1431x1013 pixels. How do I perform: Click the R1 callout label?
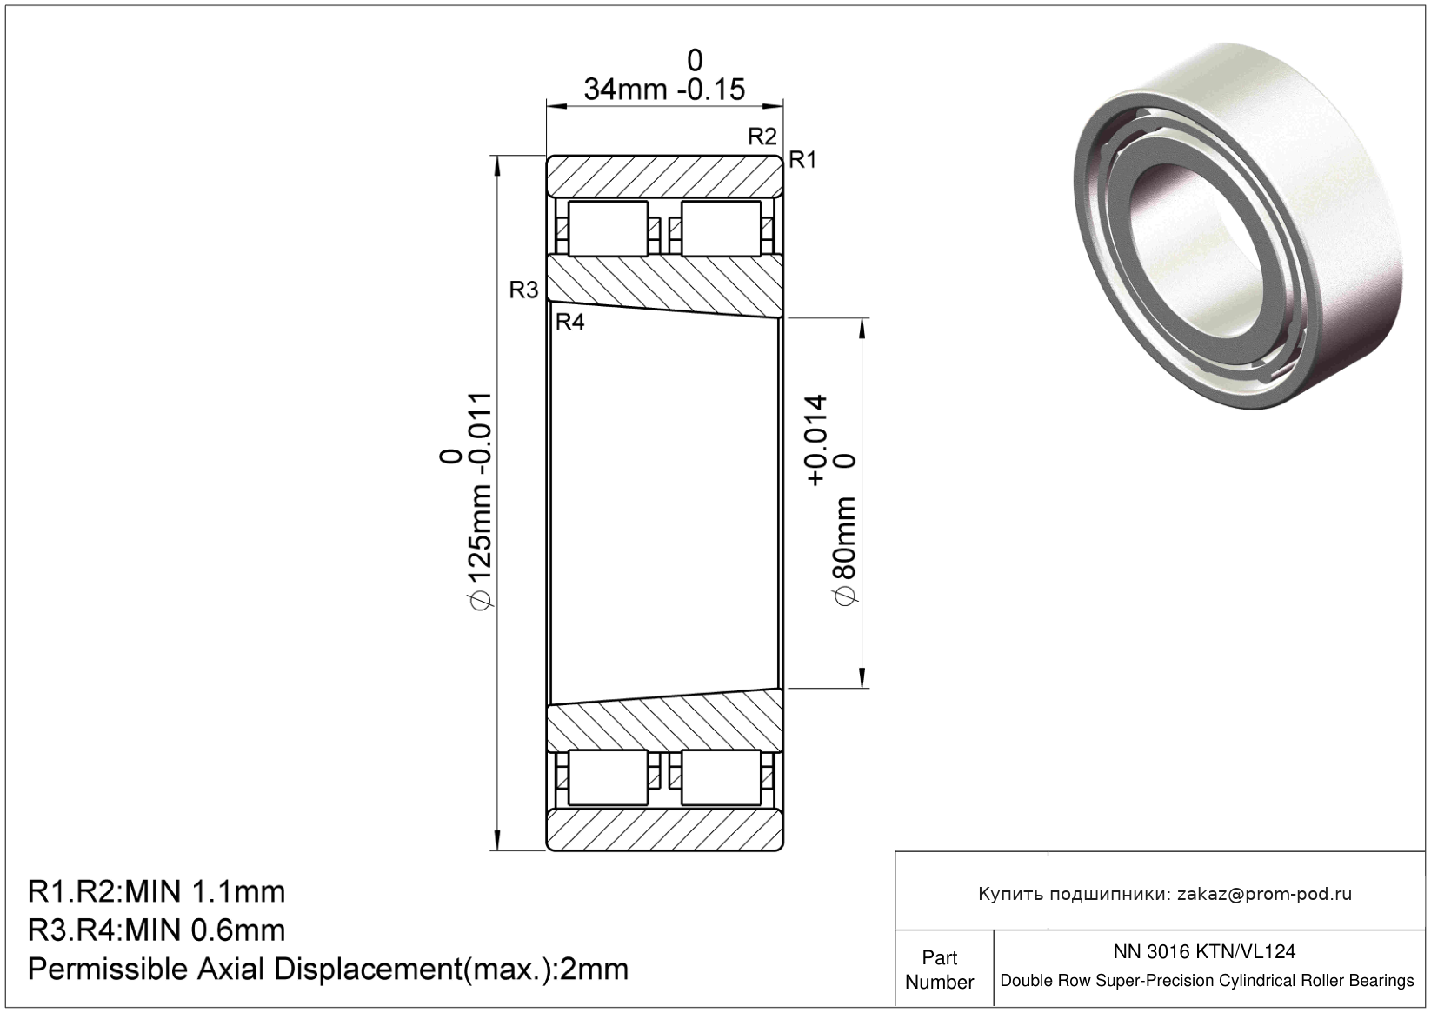click(802, 160)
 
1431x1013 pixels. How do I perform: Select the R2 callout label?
click(762, 137)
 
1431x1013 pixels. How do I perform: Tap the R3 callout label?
click(524, 290)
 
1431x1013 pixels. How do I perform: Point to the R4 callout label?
click(569, 322)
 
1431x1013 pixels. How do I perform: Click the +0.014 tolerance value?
click(816, 441)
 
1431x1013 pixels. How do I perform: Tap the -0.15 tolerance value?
click(711, 90)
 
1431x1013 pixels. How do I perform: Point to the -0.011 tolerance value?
click(481, 440)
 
